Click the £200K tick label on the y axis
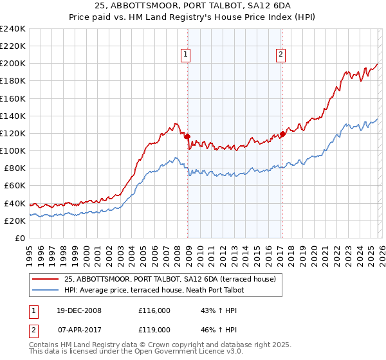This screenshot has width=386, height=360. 12,64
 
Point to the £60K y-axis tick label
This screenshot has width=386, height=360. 14,186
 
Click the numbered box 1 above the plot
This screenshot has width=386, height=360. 185,55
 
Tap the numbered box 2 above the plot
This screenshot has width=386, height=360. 281,55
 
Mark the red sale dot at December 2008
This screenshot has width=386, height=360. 187,136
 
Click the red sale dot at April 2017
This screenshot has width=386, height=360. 282,134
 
